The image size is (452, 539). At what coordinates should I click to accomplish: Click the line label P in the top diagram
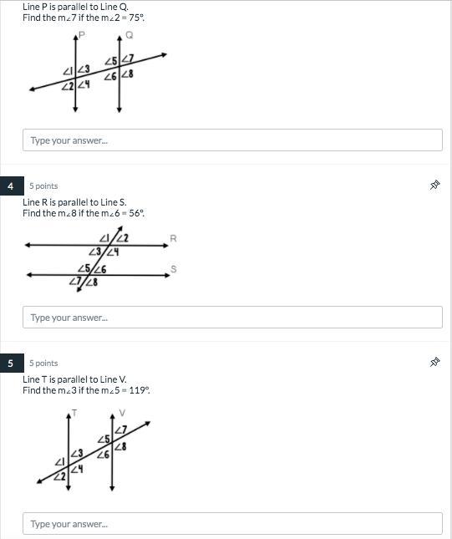[x=82, y=35]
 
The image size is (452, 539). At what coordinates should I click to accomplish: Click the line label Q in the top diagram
[x=130, y=35]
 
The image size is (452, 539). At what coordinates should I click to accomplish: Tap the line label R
[x=173, y=238]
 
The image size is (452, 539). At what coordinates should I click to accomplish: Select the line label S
[x=174, y=269]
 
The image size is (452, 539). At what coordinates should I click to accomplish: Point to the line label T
[x=74, y=413]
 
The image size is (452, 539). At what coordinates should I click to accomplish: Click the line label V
[x=122, y=413]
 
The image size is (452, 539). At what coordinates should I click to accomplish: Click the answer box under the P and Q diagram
[x=232, y=140]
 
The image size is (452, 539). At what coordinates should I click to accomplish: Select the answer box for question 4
[x=232, y=317]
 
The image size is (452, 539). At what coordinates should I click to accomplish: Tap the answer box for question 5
[x=232, y=523]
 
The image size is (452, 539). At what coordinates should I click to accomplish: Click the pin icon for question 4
[x=434, y=186]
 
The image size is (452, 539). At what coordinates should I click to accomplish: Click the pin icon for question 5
[x=434, y=363]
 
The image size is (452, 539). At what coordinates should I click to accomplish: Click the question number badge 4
[x=12, y=186]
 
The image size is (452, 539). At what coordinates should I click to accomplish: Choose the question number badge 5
[x=12, y=363]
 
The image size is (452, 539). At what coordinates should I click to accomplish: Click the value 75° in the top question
[x=136, y=18]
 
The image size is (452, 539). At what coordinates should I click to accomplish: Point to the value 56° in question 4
[x=136, y=213]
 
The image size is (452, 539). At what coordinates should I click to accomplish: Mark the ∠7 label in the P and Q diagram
[x=128, y=58]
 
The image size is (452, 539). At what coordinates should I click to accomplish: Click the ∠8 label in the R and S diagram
[x=91, y=282]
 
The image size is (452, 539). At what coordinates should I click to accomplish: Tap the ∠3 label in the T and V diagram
[x=77, y=454]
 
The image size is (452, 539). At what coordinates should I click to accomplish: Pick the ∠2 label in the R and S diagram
[x=122, y=238]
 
